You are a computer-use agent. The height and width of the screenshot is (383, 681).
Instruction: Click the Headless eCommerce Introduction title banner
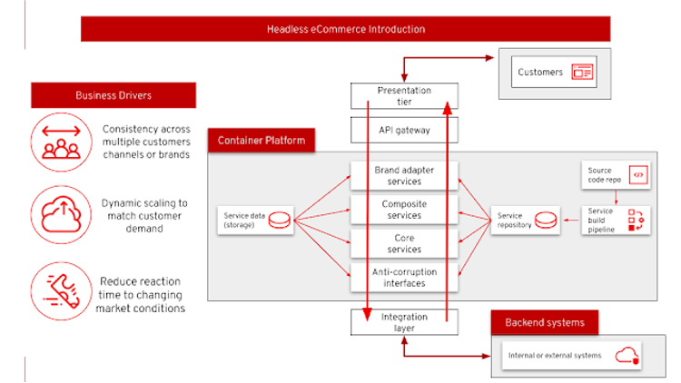345,29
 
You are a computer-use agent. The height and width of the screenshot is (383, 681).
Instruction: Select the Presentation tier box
404,94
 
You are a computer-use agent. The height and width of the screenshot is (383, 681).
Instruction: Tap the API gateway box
404,130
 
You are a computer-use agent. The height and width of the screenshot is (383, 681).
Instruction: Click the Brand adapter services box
404,175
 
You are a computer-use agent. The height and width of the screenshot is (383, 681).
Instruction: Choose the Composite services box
404,210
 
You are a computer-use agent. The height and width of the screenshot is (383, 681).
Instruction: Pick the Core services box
404,243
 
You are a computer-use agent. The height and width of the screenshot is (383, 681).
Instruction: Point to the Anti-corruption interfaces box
404,277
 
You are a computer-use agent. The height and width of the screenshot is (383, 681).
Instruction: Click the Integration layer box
404,321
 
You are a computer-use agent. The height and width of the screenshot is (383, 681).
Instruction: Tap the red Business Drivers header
113,95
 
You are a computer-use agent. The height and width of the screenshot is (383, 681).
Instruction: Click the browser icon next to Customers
582,72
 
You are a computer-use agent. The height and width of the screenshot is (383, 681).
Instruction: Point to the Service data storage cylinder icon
280,221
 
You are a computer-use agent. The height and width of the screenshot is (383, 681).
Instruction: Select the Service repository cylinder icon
544,221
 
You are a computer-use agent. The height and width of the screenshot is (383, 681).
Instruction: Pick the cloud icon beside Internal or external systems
627,355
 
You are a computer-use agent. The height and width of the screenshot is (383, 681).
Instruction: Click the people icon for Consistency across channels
61,142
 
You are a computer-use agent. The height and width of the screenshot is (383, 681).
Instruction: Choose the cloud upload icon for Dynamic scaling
61,214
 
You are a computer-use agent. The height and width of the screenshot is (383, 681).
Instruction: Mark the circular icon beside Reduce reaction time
61,290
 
